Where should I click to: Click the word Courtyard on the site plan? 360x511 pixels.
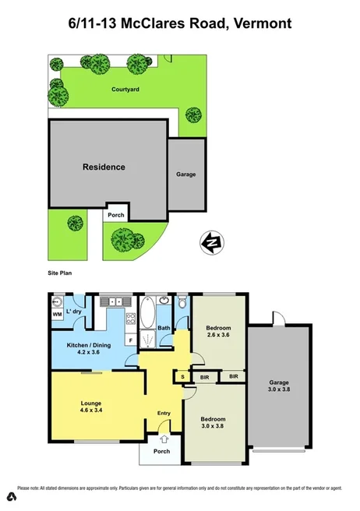click(x=125, y=90)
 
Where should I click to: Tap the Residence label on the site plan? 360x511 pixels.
click(x=104, y=167)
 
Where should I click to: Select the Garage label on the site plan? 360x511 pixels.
click(x=185, y=174)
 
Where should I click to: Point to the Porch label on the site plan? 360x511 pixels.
click(x=116, y=213)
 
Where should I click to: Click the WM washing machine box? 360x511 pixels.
click(x=57, y=314)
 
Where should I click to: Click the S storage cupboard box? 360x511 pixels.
click(x=182, y=378)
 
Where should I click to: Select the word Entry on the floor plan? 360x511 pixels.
click(x=164, y=413)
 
